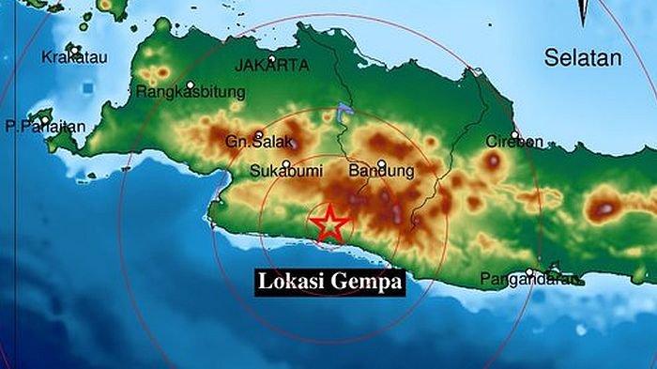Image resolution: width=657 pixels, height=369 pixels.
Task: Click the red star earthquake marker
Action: coord(330,223)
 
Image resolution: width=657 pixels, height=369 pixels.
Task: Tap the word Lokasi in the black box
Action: coord(290,281)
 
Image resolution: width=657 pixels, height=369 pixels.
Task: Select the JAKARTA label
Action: coord(271,66)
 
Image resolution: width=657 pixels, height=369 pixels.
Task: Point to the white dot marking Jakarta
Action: coord(271,58)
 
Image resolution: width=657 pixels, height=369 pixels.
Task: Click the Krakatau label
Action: coord(74,57)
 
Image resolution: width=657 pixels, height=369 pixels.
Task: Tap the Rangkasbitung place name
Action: coord(191,92)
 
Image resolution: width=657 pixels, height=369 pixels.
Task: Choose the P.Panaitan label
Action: coord(45,126)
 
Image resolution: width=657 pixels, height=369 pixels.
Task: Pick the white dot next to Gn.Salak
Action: coord(259,133)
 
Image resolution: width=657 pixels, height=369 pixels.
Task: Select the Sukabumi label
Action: coord(282,172)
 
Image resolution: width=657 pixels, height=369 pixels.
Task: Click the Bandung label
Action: coord(381,172)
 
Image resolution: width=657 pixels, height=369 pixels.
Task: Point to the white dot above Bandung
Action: coord(381,162)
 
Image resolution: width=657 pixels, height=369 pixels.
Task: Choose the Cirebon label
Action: coord(514,141)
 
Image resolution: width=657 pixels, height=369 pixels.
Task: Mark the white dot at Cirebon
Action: coord(514,132)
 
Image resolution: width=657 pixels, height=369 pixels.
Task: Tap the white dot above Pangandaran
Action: coord(529,272)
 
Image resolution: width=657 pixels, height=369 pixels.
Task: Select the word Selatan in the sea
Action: coord(583,58)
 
